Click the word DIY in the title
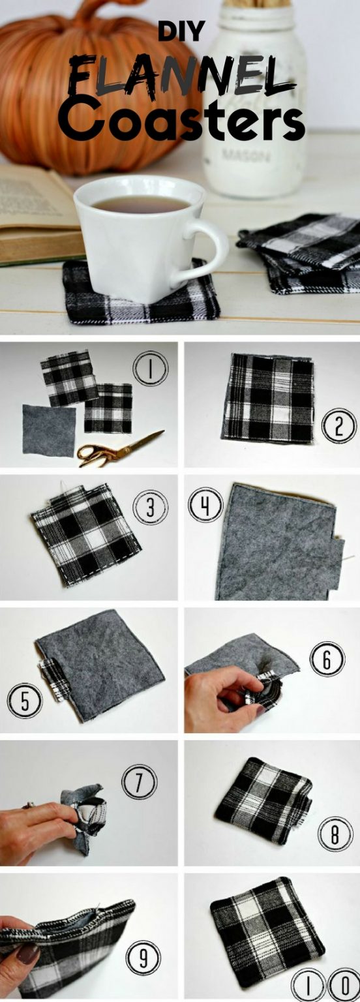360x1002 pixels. coord(181,31)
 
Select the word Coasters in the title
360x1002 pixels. coord(181,118)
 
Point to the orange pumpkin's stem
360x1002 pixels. coord(94,11)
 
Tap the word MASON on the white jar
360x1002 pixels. coord(246,157)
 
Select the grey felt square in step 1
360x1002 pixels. coord(49,430)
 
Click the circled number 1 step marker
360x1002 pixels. coord(151,368)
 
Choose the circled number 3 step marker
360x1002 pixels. coord(150,508)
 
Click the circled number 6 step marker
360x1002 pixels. coord(327,660)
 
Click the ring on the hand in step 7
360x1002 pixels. coord(29,806)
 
